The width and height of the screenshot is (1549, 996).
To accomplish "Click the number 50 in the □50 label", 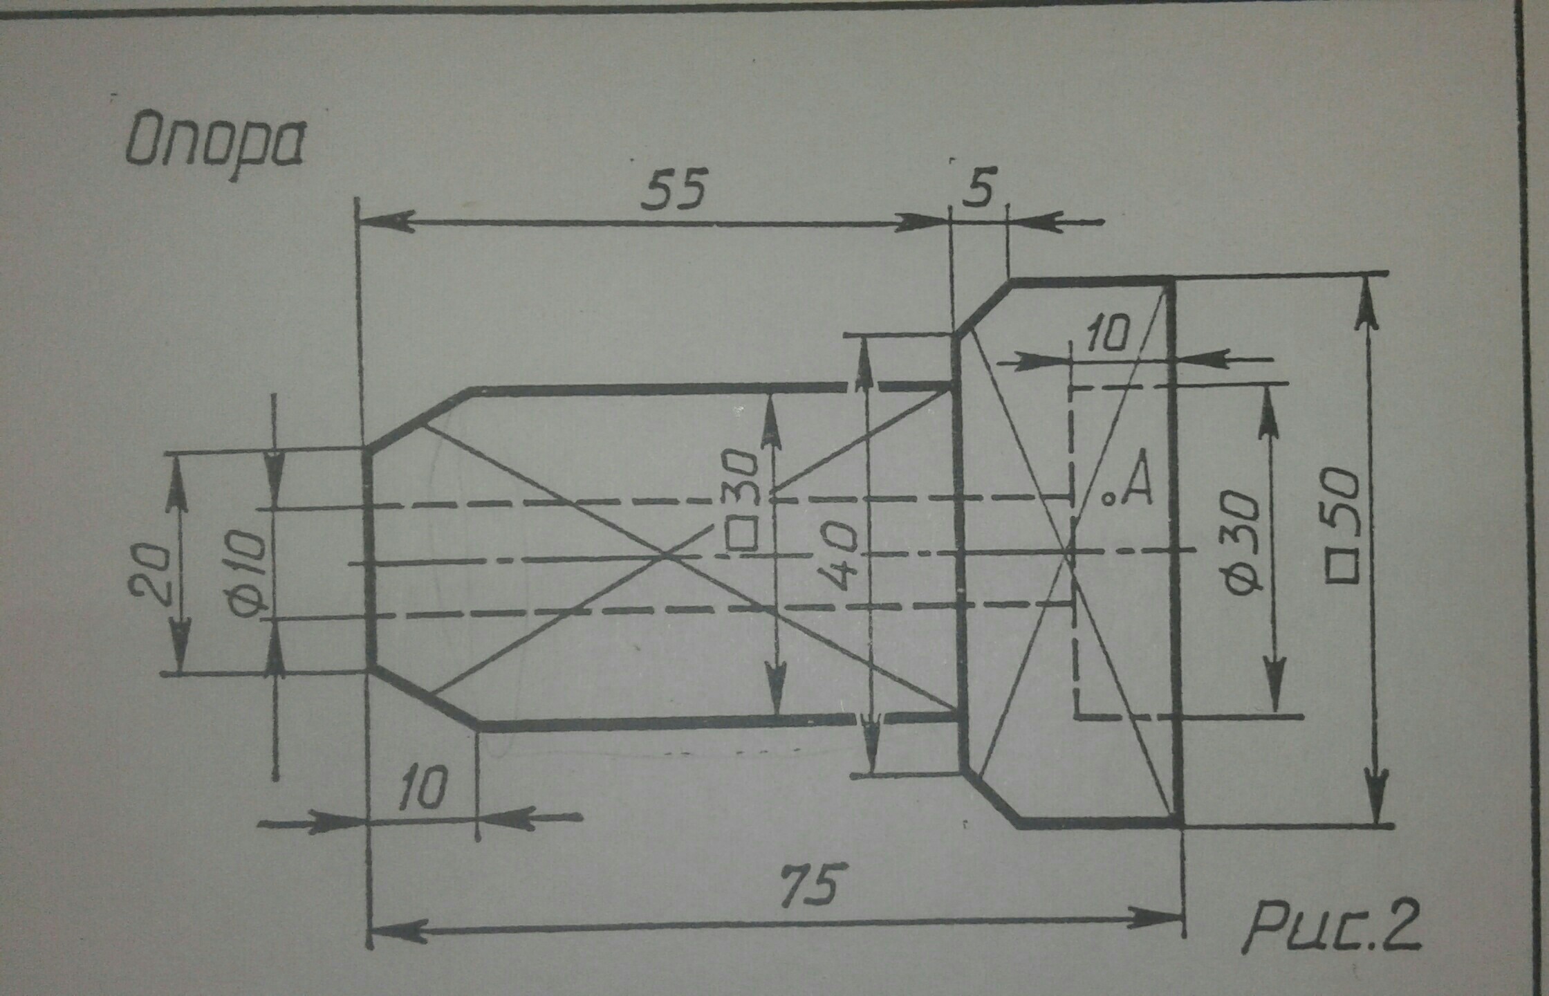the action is coord(1342,497).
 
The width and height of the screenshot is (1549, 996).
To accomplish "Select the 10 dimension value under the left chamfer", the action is coord(423,788).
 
